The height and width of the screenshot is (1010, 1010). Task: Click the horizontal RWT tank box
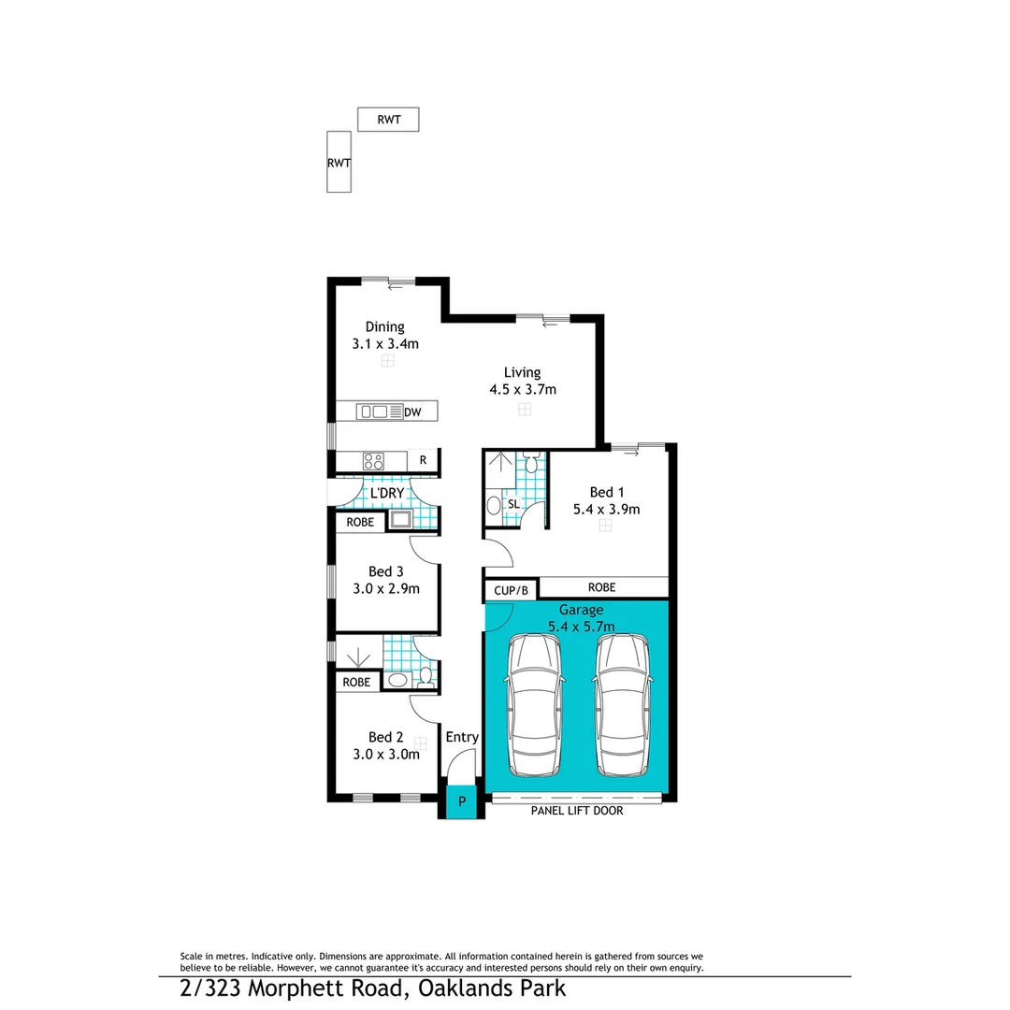coord(388,119)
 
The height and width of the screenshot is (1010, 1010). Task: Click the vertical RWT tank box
coord(339,162)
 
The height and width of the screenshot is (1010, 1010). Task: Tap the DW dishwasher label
coord(412,411)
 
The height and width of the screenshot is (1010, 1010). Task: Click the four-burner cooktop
coord(373,460)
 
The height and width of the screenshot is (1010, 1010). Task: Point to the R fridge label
coord(423,460)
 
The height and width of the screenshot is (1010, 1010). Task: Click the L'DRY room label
coord(386,493)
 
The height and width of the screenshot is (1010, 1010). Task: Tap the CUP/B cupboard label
coord(511,590)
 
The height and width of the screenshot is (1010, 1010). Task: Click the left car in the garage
coord(533,706)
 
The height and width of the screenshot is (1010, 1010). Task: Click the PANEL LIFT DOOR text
coord(576,811)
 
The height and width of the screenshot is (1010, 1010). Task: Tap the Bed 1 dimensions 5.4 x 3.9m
coord(606,510)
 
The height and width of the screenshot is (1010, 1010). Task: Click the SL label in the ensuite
coord(512,504)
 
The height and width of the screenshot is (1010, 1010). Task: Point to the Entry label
coord(462,737)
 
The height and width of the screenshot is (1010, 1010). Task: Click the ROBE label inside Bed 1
coord(601,587)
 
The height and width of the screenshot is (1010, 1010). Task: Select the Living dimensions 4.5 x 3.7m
coord(524,389)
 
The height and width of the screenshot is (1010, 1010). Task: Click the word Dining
coord(384,326)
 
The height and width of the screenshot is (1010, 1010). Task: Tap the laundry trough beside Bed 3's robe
coord(400,521)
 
